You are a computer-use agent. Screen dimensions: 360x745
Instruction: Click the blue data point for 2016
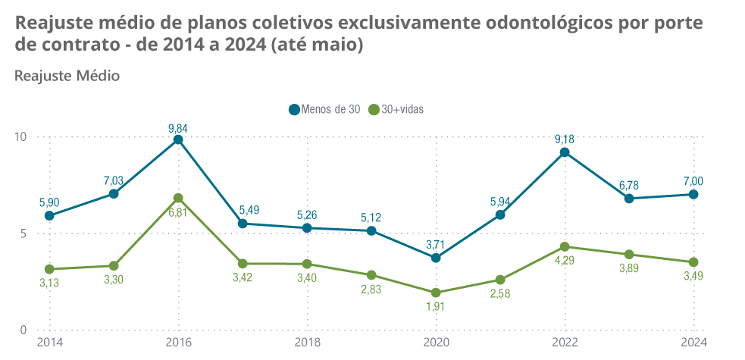point(178,139)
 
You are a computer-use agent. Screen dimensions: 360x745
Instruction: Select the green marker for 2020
point(436,293)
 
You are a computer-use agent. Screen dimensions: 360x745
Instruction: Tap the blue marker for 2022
point(565,152)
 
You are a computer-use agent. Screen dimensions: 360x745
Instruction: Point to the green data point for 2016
point(178,198)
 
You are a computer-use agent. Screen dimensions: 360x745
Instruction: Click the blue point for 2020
point(436,258)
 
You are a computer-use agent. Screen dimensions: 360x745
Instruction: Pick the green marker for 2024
point(693,262)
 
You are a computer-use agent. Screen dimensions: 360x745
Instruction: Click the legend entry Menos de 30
point(324,109)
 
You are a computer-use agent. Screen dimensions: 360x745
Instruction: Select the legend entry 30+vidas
point(395,109)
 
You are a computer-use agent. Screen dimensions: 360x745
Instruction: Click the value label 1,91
point(435,308)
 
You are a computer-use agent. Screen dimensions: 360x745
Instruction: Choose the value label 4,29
point(565,261)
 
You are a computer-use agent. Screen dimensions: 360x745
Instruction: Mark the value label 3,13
point(49,284)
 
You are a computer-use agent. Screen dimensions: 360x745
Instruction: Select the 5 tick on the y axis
point(23,233)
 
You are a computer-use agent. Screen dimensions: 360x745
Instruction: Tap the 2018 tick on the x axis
point(307,343)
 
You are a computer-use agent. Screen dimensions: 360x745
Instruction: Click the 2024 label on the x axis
point(693,343)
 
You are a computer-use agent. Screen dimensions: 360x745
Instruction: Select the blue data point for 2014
point(49,215)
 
